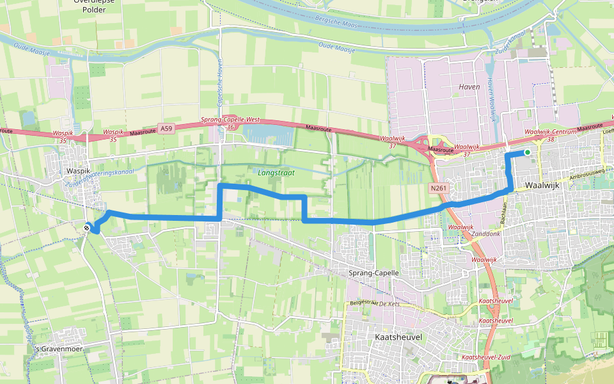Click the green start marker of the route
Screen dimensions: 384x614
(x=527, y=152)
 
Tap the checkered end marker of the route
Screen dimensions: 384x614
(x=87, y=227)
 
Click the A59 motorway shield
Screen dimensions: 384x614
(x=167, y=129)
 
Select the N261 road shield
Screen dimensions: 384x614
(x=438, y=188)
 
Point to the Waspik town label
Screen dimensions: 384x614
(x=79, y=172)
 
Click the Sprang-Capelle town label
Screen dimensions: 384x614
(x=374, y=273)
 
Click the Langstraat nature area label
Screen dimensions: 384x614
(x=274, y=173)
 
